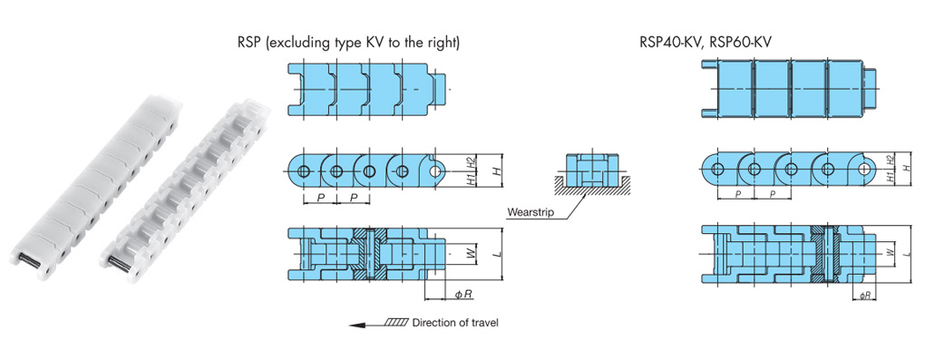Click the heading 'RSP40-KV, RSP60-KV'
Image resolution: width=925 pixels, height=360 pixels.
pyautogui.click(x=706, y=42)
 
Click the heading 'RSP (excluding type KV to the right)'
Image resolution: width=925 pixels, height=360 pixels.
pyautogui.click(x=348, y=43)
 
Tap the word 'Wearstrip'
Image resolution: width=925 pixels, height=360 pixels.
pyautogui.click(x=531, y=211)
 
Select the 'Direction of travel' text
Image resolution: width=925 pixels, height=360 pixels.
pyautogui.click(x=455, y=323)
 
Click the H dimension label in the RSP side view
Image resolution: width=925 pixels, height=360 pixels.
pyautogui.click(x=497, y=170)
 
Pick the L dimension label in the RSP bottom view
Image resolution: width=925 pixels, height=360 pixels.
pyautogui.click(x=497, y=254)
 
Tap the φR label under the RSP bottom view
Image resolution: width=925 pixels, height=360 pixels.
pyautogui.click(x=463, y=293)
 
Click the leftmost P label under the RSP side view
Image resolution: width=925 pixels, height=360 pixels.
pyautogui.click(x=320, y=197)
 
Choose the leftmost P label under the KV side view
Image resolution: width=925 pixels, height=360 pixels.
pyautogui.click(x=735, y=194)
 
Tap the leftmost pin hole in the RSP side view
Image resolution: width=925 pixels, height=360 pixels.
pyautogui.click(x=303, y=171)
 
